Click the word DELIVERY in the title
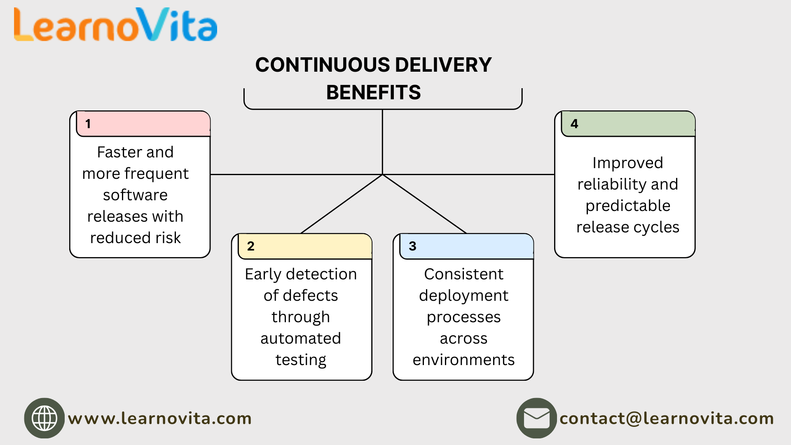pyautogui.click(x=443, y=65)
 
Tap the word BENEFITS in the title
pyautogui.click(x=373, y=92)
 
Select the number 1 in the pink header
pyautogui.click(x=88, y=124)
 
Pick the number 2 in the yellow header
pyautogui.click(x=250, y=246)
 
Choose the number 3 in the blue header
pyautogui.click(x=412, y=246)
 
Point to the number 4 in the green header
pyautogui.click(x=574, y=124)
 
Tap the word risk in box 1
pyautogui.click(x=168, y=238)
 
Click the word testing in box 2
pyautogui.click(x=301, y=360)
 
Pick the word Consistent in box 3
pyautogui.click(x=463, y=274)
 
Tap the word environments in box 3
pyautogui.click(x=463, y=360)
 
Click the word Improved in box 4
pyautogui.click(x=627, y=163)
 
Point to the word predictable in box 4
pyautogui.click(x=627, y=206)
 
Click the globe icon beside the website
pyautogui.click(x=44, y=418)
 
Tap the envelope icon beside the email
pyautogui.click(x=536, y=418)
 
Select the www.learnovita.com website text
pyautogui.click(x=160, y=419)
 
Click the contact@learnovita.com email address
pyautogui.click(x=667, y=419)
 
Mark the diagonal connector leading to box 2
pyautogui.click(x=342, y=204)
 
